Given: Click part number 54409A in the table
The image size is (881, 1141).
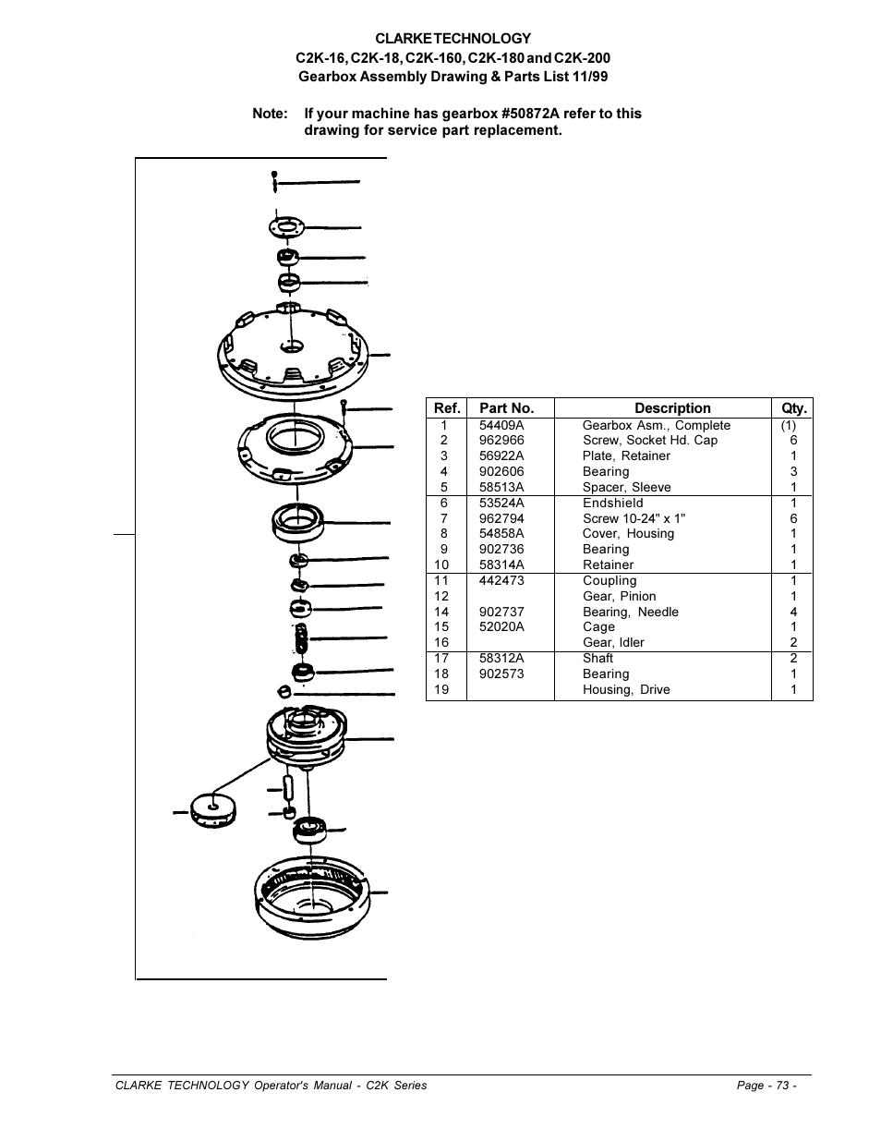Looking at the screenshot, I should click(501, 425).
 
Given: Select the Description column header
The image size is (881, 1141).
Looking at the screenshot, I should click(671, 408).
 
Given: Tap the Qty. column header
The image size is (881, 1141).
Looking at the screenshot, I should click(793, 408).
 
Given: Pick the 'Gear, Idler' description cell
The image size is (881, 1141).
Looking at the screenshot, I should click(613, 643).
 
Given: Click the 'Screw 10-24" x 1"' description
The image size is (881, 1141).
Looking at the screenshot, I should click(634, 518).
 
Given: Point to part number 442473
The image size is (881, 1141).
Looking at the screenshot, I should click(501, 581).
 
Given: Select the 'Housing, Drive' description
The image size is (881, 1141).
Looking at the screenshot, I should click(626, 690).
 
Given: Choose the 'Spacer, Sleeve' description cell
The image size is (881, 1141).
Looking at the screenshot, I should click(626, 487).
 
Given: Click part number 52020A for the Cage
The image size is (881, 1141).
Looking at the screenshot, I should click(501, 627).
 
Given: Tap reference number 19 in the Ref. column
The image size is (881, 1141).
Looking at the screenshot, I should click(442, 690).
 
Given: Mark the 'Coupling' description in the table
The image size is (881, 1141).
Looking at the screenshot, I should click(609, 581).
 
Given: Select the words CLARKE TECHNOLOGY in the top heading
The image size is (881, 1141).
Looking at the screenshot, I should click(453, 39).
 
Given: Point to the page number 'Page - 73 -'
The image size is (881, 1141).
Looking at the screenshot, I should click(766, 1086).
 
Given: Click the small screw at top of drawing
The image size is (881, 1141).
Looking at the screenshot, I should click(275, 181).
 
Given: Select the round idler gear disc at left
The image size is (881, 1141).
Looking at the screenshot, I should click(212, 810).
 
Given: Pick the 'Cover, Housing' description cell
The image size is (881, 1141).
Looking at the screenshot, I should click(628, 534).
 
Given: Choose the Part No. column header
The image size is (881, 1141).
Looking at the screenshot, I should click(506, 408).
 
